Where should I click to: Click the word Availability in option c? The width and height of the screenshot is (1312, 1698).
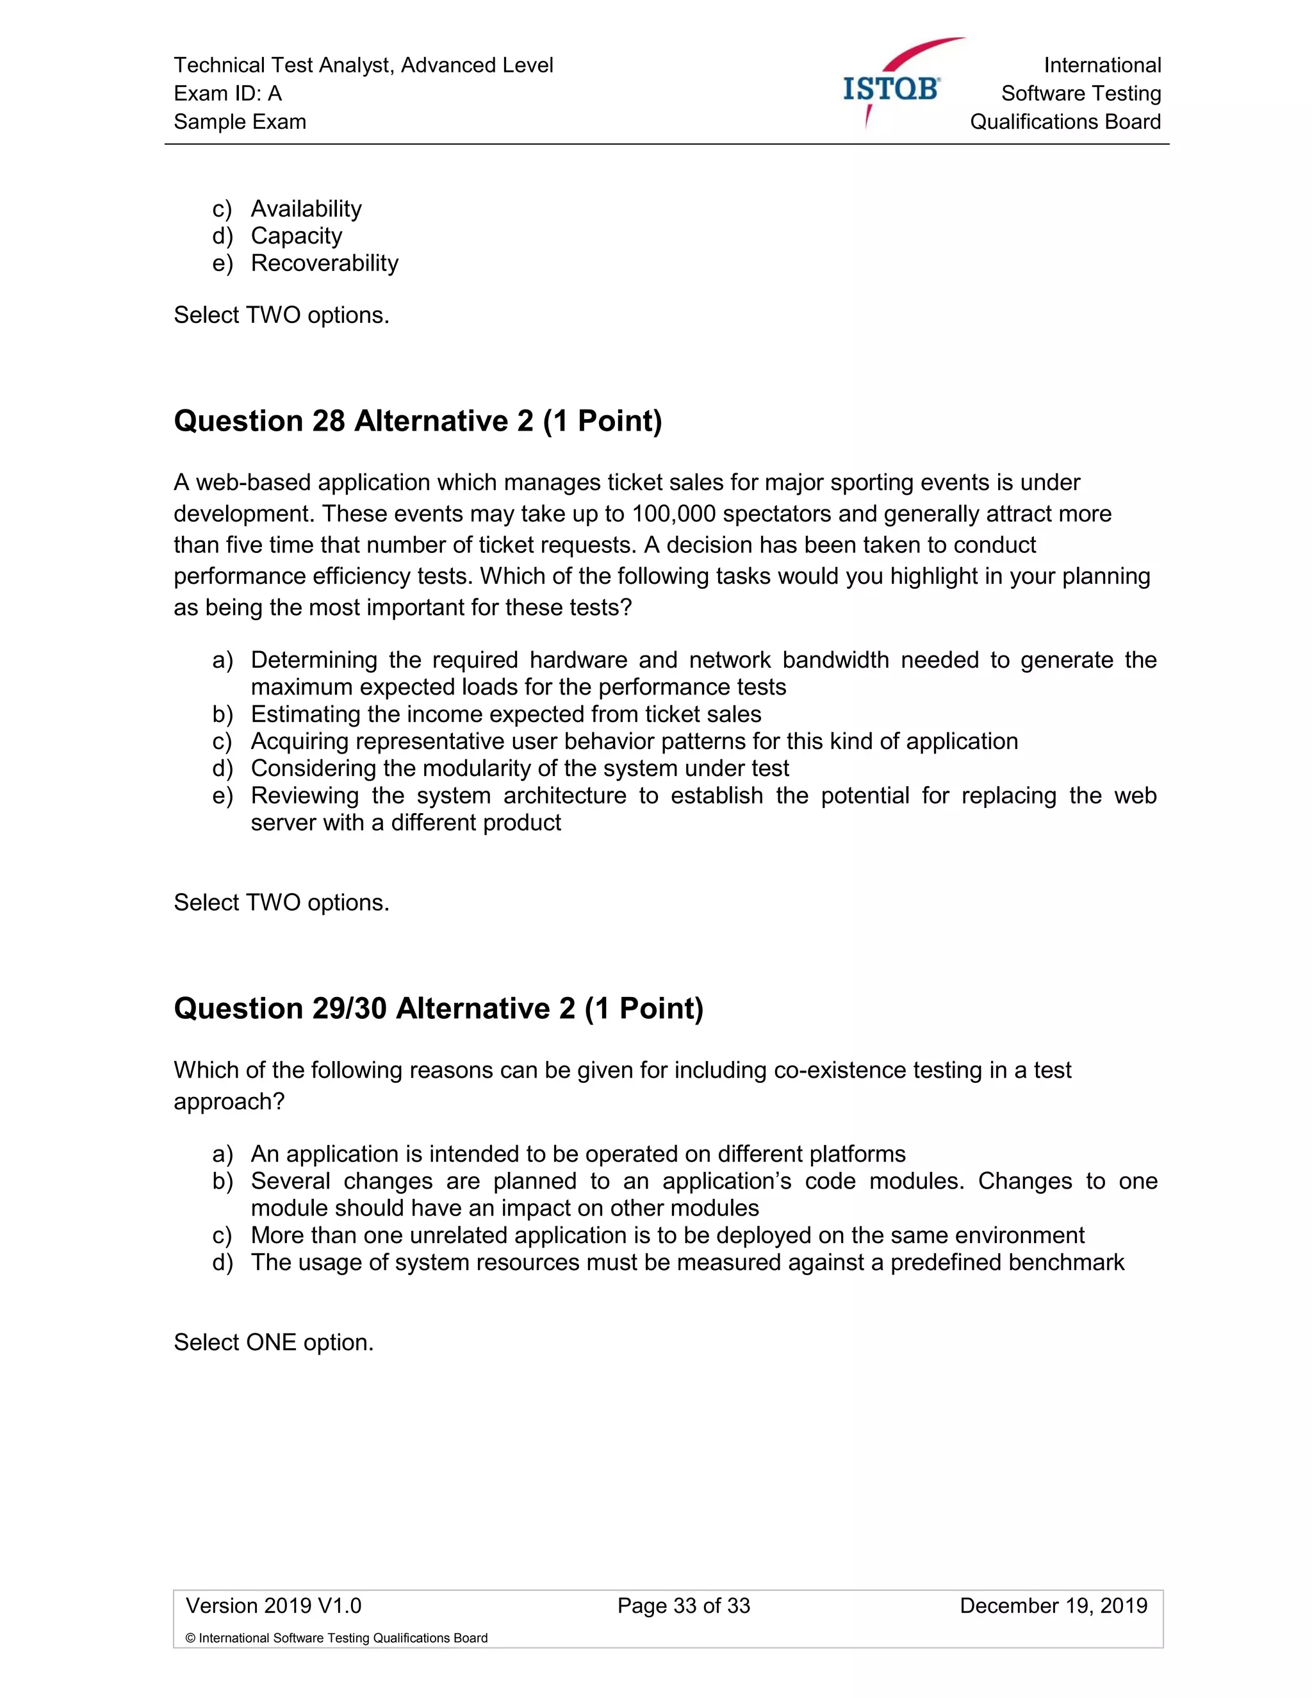click(x=306, y=208)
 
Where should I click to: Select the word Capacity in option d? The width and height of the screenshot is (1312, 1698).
click(x=296, y=236)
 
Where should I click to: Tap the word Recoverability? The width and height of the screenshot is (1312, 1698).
click(x=324, y=263)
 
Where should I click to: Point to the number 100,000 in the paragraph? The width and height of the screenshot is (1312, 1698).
click(x=673, y=514)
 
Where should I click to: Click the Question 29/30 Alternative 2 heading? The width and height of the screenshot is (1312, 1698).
click(x=438, y=1009)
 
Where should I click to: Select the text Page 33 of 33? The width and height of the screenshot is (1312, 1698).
click(x=683, y=1606)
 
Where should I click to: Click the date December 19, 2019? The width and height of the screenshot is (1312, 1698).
click(x=1053, y=1606)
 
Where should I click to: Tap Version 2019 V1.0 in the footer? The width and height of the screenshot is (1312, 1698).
click(x=274, y=1606)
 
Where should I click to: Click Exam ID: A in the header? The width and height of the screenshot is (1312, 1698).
click(x=227, y=94)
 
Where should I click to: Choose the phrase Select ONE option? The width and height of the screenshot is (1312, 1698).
click(x=274, y=1342)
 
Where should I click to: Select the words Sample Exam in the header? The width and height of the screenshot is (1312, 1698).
click(x=240, y=121)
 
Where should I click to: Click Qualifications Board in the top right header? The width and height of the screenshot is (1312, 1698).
click(x=1065, y=121)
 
